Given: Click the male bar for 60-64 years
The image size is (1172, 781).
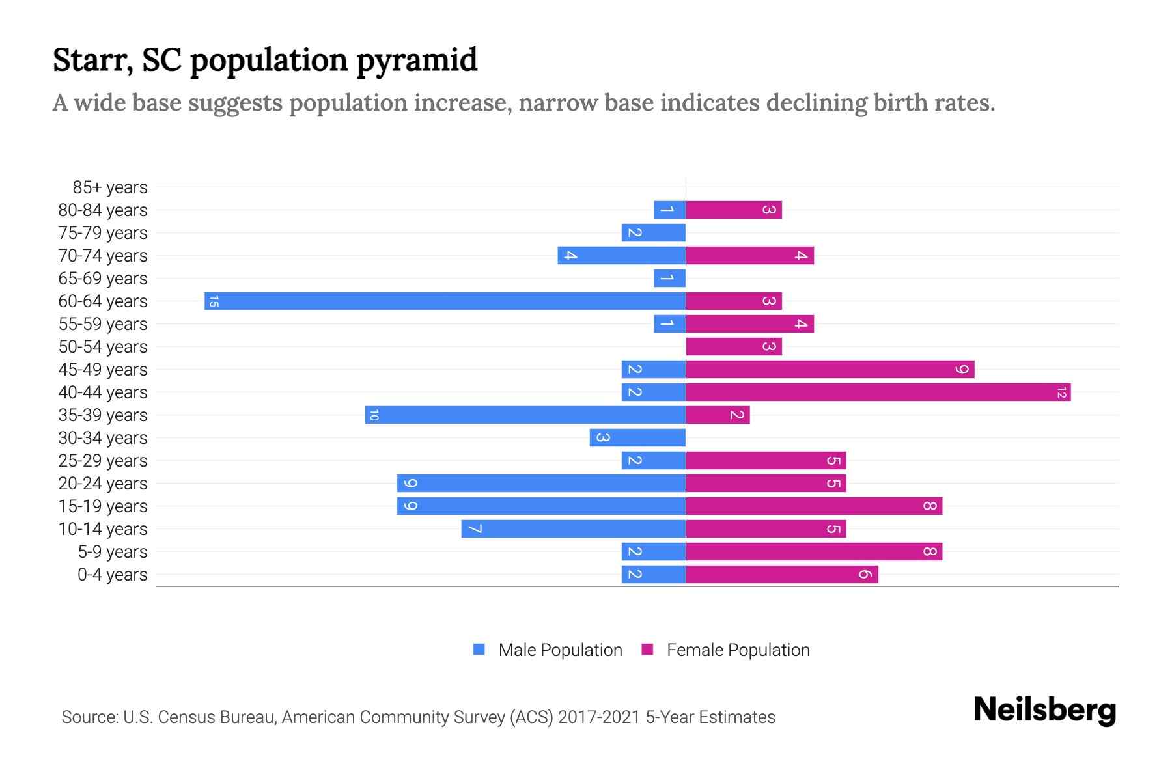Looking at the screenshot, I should tap(445, 301).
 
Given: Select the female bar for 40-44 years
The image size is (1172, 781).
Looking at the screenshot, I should tap(878, 392).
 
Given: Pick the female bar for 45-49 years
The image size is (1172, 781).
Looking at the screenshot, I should tap(830, 369).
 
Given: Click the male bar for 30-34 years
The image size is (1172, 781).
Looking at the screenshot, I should tap(637, 437).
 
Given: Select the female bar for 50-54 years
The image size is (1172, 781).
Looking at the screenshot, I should tap(733, 346).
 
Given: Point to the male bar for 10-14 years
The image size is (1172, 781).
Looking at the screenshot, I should tap(573, 528).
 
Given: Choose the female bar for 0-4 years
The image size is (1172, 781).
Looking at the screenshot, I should tap(781, 574).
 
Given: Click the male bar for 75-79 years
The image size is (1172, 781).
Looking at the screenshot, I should tap(653, 232).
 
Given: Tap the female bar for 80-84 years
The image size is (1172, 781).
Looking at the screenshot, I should tap(733, 210).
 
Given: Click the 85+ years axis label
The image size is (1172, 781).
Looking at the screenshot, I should tap(110, 187).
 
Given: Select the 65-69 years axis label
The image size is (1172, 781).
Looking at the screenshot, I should tap(103, 279).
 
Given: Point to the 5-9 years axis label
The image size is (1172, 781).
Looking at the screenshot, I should tap(112, 552).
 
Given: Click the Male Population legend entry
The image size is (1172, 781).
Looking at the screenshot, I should tap(560, 650).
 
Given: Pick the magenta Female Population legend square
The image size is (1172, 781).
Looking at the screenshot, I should tap(647, 650).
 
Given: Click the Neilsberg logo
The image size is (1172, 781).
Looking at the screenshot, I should tap(1044, 710).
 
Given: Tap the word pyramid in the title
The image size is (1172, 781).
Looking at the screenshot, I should tap(417, 60).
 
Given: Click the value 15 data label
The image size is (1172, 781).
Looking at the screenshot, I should tap(214, 301).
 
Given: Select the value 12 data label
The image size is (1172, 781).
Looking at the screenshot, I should tap(1061, 392).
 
